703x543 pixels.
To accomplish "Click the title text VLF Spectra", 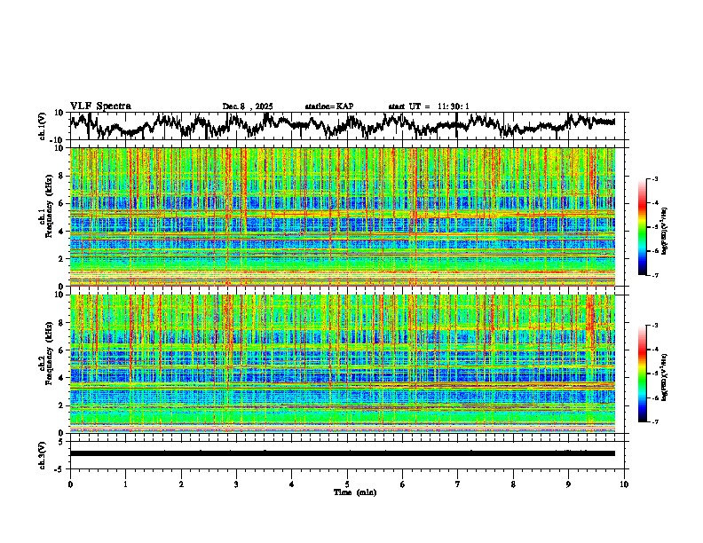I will coord(100,106).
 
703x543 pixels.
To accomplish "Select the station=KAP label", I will coord(329,106).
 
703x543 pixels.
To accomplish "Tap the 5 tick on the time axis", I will coord(347,484).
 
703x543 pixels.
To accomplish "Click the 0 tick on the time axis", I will coord(70,484).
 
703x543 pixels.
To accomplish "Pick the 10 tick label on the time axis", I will coord(624,484).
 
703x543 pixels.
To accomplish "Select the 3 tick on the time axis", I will coord(236,484).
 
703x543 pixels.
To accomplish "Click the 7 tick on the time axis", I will coord(458,484).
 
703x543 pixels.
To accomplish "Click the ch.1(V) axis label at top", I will coord(43,126).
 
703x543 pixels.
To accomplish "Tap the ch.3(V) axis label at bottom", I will coord(43,453).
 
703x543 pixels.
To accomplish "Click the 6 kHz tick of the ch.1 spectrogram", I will coord(62,203).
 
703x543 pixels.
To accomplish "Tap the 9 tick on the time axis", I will coord(569,484).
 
